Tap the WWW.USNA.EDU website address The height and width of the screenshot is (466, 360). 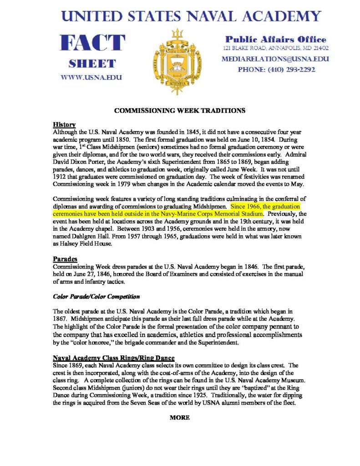pyautogui.click(x=91, y=77)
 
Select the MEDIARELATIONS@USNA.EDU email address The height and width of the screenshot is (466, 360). pyautogui.click(x=275, y=59)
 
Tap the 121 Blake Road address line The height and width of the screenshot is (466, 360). pyautogui.click(x=276, y=48)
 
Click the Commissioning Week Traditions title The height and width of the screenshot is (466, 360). pyautogui.click(x=180, y=111)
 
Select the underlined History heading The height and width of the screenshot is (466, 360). pyautogui.click(x=64, y=124)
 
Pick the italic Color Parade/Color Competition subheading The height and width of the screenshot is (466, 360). pyautogui.click(x=96, y=297)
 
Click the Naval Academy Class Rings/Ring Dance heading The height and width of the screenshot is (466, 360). pyautogui.click(x=114, y=358)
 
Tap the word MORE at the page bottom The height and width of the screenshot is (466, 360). pyautogui.click(x=180, y=417)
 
